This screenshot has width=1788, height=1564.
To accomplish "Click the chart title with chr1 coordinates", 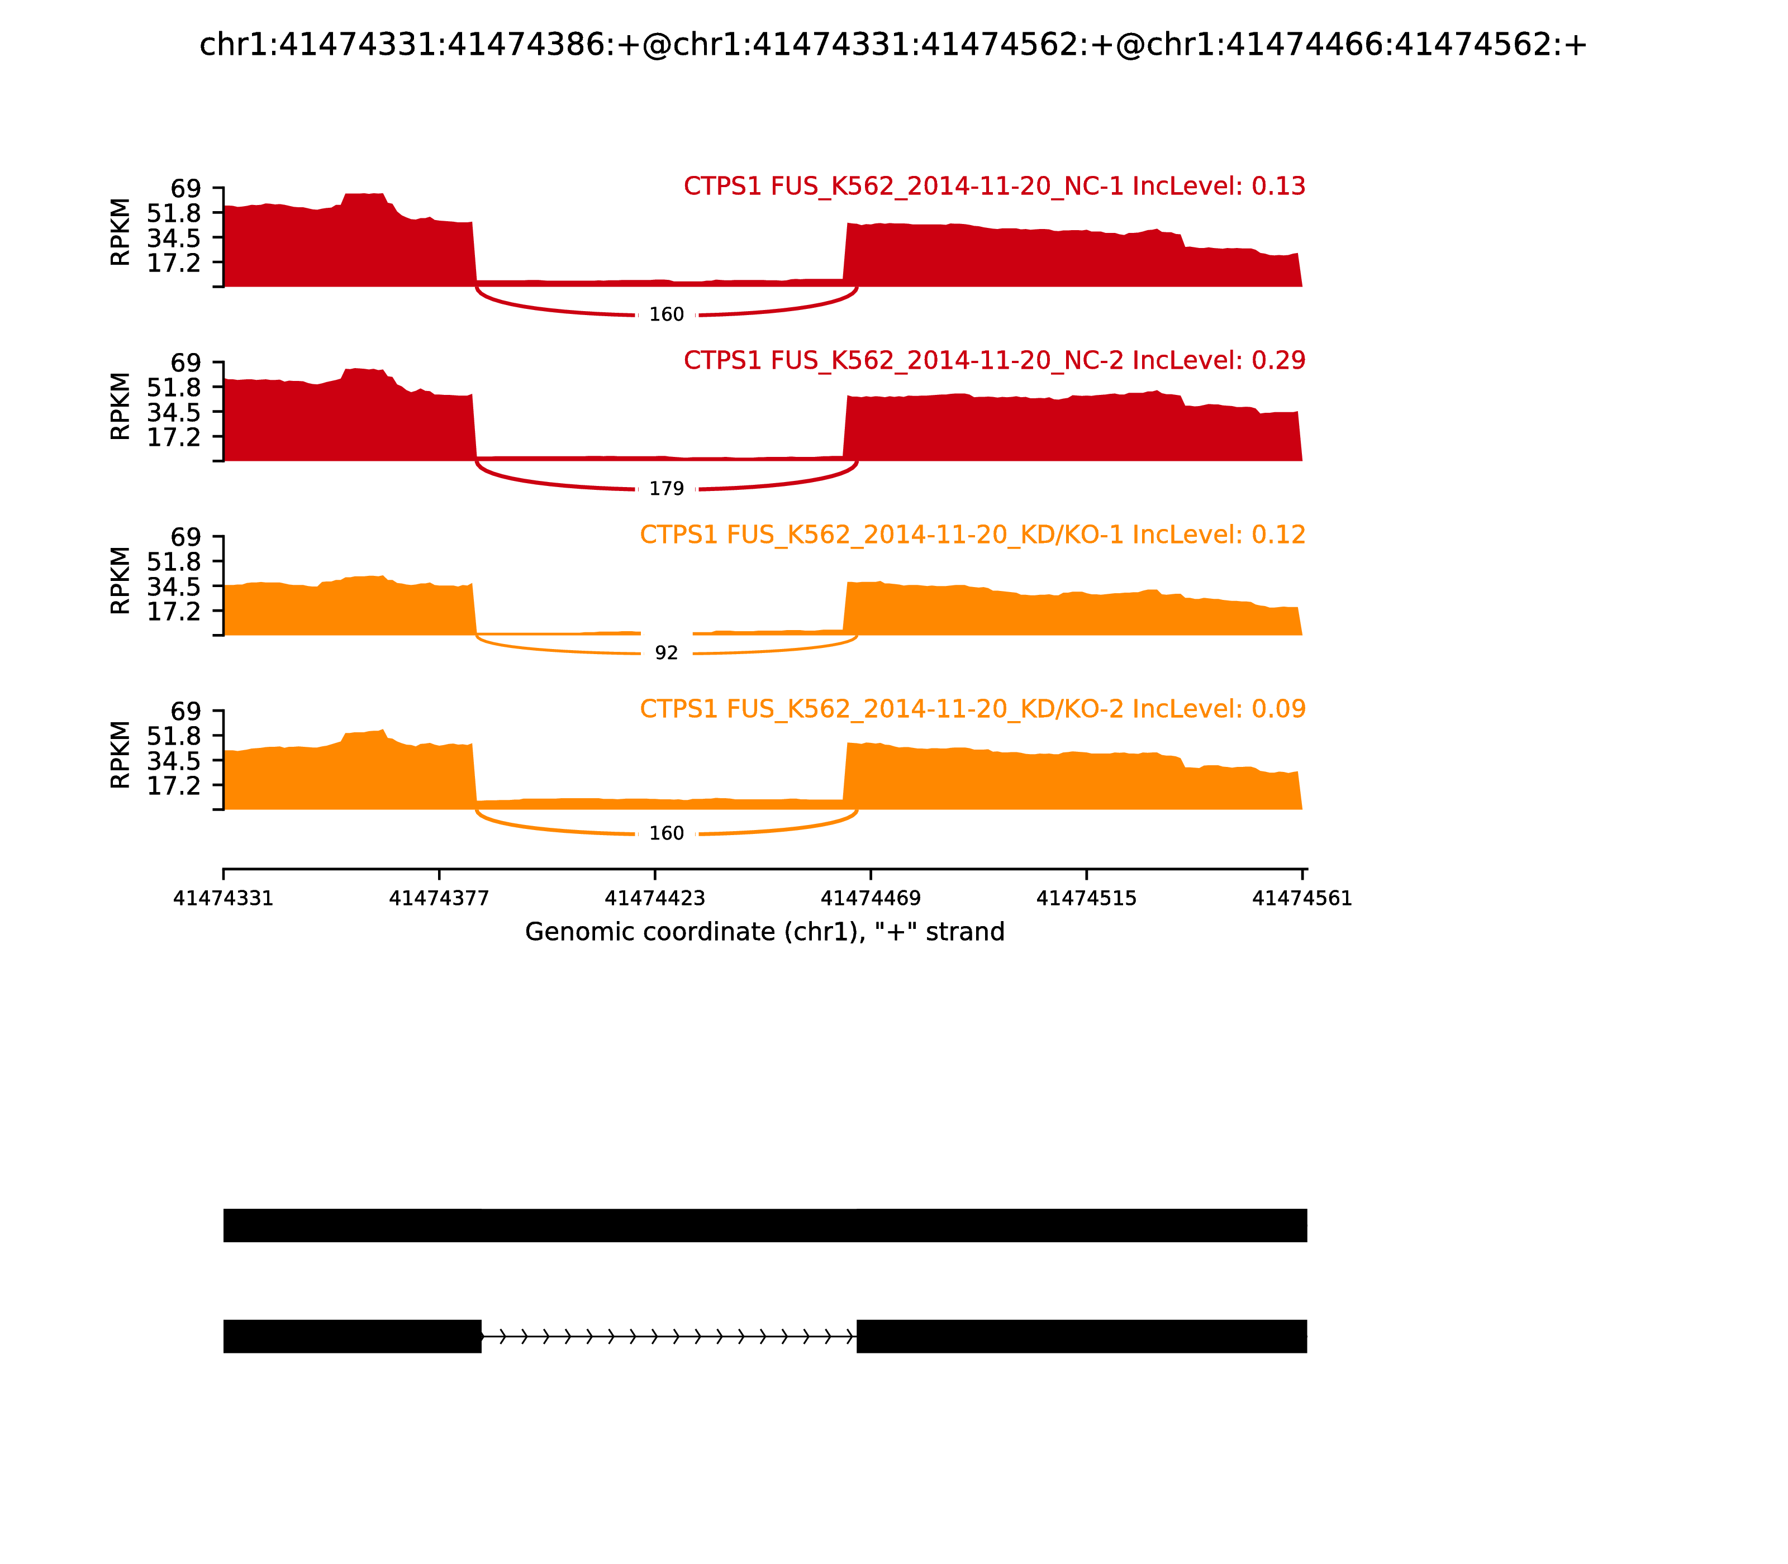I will (893, 45).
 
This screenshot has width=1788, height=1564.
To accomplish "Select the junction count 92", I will (666, 653).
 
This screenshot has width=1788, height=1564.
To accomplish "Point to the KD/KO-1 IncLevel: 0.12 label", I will (973, 535).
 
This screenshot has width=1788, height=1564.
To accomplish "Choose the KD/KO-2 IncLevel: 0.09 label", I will (973, 709).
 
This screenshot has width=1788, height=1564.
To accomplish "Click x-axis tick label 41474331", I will (223, 899).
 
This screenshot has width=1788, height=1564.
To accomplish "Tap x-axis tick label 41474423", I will (655, 899).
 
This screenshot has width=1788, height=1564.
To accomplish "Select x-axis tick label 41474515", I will (1086, 899).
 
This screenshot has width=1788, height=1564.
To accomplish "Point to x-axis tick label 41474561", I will (1302, 899).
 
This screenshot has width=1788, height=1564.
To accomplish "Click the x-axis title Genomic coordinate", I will (765, 932).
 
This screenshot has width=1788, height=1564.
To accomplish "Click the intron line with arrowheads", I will (669, 1336).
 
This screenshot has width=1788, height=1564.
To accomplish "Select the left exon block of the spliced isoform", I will (352, 1336).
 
